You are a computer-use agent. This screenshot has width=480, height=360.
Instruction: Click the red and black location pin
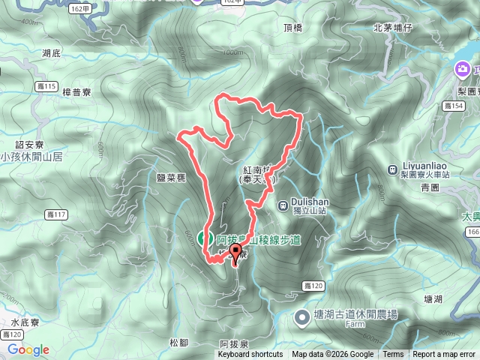pyautogui.click(x=235, y=253)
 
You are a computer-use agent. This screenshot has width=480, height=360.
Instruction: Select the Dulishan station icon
pyautogui.click(x=283, y=205)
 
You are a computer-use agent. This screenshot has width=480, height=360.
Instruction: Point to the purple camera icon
pyautogui.click(x=463, y=71)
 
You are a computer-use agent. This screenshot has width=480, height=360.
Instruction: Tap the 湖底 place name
pyautogui.click(x=52, y=54)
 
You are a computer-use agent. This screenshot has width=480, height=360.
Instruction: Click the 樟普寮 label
pyautogui.click(x=76, y=93)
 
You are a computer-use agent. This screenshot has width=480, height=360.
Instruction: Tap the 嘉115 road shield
pyautogui.click(x=46, y=87)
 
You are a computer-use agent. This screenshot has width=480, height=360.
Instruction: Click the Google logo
pyautogui.click(x=28, y=349)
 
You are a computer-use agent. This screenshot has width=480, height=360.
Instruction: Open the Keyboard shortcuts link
pyautogui.click(x=250, y=355)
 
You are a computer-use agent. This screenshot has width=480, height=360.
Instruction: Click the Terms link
pyautogui.click(x=393, y=355)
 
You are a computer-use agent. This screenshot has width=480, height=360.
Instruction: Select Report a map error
pyautogui.click(x=444, y=355)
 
